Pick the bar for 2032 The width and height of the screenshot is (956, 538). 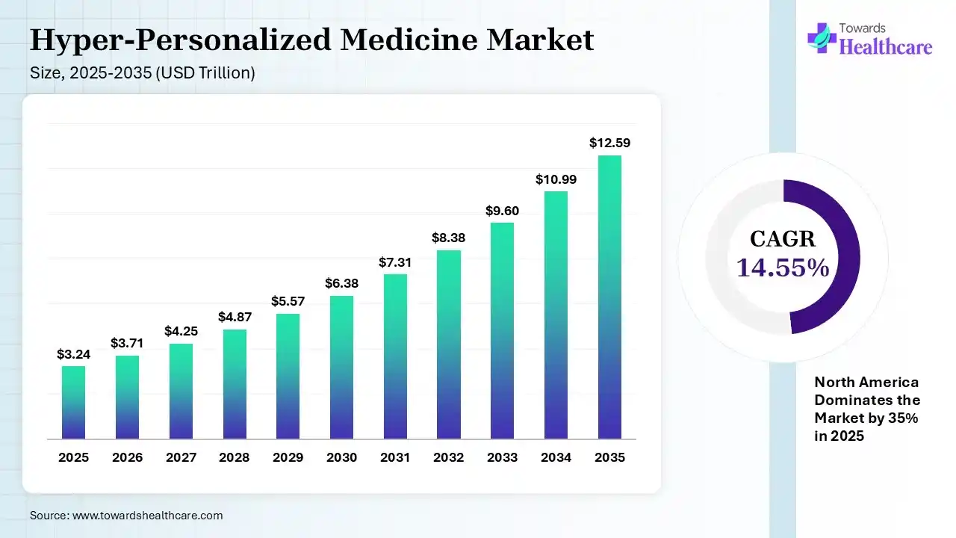[449, 344]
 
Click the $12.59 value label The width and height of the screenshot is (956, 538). [609, 142]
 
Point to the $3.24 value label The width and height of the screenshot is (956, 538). [73, 354]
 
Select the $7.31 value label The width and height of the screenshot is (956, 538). [395, 262]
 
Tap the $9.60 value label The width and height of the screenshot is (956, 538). [502, 211]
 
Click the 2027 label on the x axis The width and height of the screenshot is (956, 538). [181, 457]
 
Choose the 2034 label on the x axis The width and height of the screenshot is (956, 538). [556, 457]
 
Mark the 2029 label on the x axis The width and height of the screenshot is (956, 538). [288, 457]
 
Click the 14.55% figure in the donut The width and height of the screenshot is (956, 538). [783, 268]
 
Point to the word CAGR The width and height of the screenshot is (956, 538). [783, 239]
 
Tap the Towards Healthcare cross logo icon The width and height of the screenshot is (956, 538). [822, 37]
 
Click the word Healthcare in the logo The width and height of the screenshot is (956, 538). [886, 47]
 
